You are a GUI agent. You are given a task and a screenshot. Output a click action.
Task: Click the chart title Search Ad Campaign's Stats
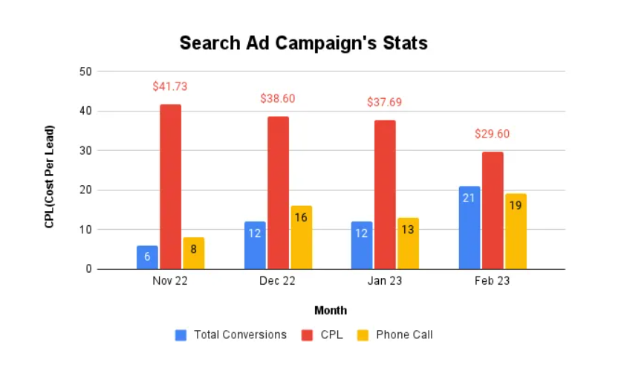click(x=303, y=43)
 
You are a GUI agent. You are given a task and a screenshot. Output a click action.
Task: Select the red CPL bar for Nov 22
click(x=170, y=187)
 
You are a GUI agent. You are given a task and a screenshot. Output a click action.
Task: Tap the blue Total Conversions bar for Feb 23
click(x=470, y=227)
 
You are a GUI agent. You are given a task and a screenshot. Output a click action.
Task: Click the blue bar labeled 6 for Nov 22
click(x=147, y=257)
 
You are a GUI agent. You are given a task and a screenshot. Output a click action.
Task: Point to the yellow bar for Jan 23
click(x=408, y=243)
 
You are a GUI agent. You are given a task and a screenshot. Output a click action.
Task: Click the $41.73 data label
click(x=170, y=86)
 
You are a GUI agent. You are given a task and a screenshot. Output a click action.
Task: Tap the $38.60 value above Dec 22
click(x=278, y=98)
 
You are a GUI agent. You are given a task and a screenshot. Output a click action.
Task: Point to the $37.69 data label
click(x=385, y=102)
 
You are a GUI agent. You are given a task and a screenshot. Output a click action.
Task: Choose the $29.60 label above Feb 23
click(x=493, y=134)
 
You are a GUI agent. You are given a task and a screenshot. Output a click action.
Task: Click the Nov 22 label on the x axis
click(x=170, y=282)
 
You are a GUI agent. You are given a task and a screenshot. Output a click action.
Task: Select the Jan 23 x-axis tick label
click(x=385, y=282)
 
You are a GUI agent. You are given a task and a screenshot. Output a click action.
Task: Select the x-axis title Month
click(x=331, y=310)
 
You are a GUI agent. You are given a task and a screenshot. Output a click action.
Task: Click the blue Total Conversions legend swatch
click(x=181, y=335)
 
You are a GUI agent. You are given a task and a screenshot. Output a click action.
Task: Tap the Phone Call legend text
click(x=404, y=335)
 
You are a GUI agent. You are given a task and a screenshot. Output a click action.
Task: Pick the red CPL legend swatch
click(x=308, y=335)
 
